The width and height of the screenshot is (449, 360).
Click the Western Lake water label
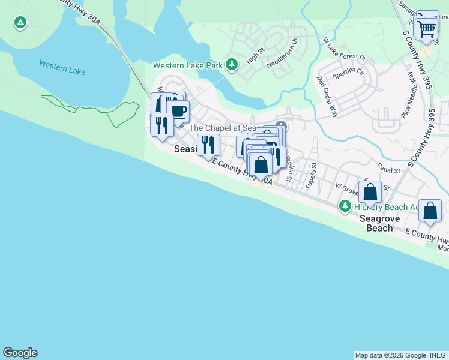[62, 67]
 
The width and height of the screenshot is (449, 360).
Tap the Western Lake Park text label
[188, 65]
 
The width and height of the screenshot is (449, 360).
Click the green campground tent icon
[20, 23]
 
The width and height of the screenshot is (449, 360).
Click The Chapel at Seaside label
[231, 128]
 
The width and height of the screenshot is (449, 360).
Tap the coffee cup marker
[178, 110]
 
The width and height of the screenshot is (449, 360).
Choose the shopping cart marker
[426, 28]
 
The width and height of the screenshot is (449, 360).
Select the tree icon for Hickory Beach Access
[345, 206]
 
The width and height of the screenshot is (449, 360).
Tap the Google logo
[20, 353]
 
